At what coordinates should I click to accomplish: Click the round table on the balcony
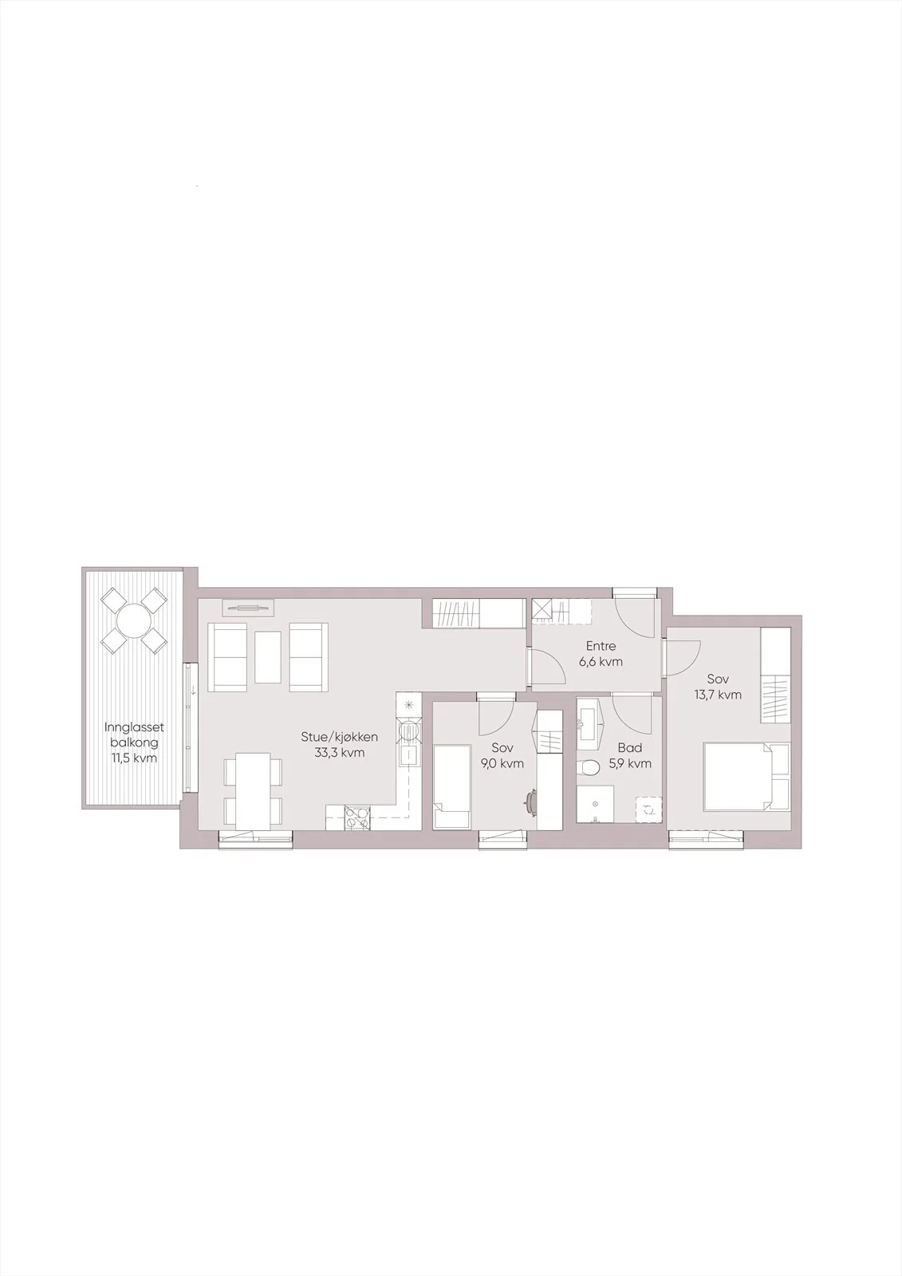point(133,620)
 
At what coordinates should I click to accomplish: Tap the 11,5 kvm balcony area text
point(135,758)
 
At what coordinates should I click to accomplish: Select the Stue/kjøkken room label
point(340,737)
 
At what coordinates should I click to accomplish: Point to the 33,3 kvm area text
point(340,753)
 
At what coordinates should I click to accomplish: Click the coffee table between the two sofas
point(269,657)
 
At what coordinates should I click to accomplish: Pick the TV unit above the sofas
point(248,608)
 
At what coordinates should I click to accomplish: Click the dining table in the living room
point(253,791)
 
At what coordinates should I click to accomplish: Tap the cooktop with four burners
point(356,818)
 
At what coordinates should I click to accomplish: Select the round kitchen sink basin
point(410,730)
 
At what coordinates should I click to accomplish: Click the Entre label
point(601,647)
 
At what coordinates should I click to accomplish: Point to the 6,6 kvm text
point(601,662)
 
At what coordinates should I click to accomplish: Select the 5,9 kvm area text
point(629,763)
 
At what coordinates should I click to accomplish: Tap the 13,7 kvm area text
point(718,695)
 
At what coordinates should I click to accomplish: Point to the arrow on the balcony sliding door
point(194,691)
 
